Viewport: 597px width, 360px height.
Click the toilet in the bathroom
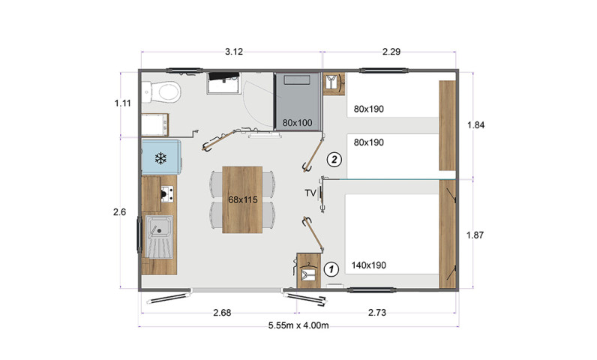(x=162, y=91)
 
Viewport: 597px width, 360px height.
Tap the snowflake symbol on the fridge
(x=160, y=158)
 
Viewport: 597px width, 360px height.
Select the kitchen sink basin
(x=159, y=226)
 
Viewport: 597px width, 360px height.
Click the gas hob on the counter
(x=167, y=194)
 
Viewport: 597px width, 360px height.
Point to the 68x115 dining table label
(x=243, y=199)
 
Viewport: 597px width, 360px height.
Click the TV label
(x=310, y=193)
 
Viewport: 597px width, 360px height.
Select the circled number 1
(x=331, y=269)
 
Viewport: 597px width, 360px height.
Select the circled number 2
(x=334, y=160)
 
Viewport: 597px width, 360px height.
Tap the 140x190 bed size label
(x=368, y=265)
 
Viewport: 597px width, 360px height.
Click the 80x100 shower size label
(x=297, y=123)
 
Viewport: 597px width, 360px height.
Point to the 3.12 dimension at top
(x=234, y=52)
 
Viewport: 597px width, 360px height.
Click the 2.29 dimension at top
(x=391, y=52)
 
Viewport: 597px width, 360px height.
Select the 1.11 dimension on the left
(x=122, y=103)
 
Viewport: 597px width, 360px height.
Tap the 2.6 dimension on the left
(x=119, y=212)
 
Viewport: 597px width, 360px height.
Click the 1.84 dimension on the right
(x=476, y=124)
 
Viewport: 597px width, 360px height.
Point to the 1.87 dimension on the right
(x=475, y=235)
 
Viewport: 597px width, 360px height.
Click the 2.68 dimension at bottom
(x=222, y=313)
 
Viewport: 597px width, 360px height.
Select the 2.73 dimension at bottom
(x=377, y=313)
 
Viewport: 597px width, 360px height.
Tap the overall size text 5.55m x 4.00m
(x=298, y=325)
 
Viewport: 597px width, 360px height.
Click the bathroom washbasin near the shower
(x=155, y=124)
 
